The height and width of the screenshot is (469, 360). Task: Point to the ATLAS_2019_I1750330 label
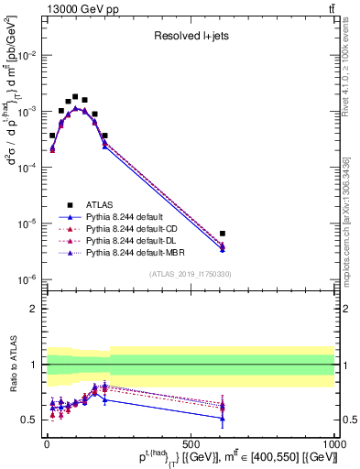pyautogui.click(x=190, y=274)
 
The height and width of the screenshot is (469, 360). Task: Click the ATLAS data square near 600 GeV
pyautogui.click(x=223, y=234)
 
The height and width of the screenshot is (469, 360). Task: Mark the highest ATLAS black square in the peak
pyautogui.click(x=75, y=96)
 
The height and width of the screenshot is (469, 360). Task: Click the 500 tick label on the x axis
pyautogui.click(x=191, y=442)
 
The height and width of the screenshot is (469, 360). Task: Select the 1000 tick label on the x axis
pyautogui.click(x=332, y=442)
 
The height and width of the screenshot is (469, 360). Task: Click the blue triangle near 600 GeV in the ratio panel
pyautogui.click(x=223, y=419)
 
